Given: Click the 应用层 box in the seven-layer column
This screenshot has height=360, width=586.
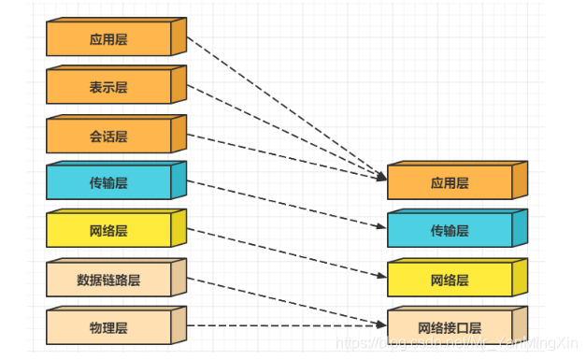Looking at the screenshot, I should [x=108, y=40].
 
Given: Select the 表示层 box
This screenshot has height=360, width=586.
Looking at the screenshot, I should [x=108, y=88].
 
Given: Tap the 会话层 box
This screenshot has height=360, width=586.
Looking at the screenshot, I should [x=108, y=137].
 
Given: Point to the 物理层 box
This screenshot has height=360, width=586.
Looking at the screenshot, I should [x=108, y=328].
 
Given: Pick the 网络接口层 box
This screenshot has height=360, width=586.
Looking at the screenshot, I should [x=450, y=328].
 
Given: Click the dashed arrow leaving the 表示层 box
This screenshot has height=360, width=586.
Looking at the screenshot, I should [x=280, y=128].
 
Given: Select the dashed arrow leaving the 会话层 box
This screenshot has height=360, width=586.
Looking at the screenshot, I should [x=280, y=152].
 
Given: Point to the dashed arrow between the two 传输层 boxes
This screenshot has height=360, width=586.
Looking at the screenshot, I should [x=280, y=203].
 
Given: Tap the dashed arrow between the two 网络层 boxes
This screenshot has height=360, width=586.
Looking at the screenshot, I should [x=280, y=252].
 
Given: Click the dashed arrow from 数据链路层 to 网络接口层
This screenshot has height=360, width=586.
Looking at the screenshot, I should [x=280, y=299].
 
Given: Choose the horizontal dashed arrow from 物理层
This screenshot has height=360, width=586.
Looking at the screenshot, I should [x=280, y=325].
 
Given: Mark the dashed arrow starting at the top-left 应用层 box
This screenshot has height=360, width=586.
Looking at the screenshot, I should [x=280, y=103].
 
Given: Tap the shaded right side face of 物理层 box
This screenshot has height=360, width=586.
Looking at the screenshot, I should [x=179, y=324].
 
